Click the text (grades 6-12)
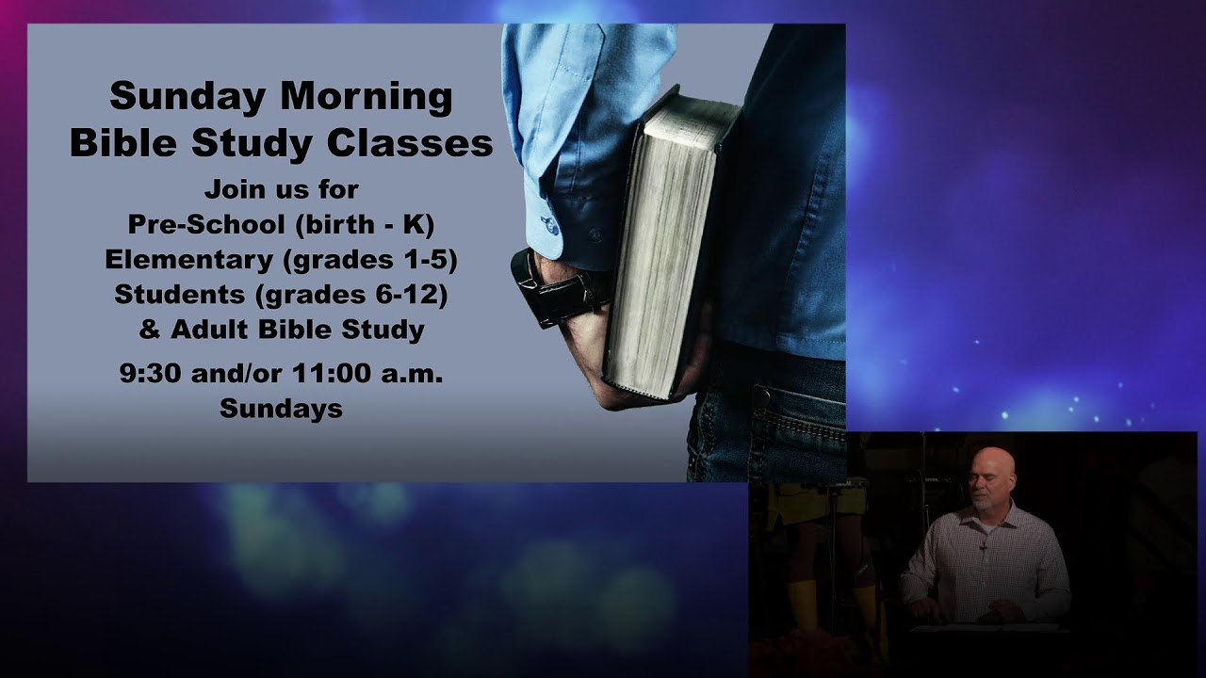(x=350, y=294)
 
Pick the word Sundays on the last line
(x=281, y=408)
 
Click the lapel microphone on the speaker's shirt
(x=984, y=545)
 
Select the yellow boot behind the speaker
(x=804, y=603)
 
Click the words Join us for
(x=281, y=189)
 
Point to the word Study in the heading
(x=257, y=143)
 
